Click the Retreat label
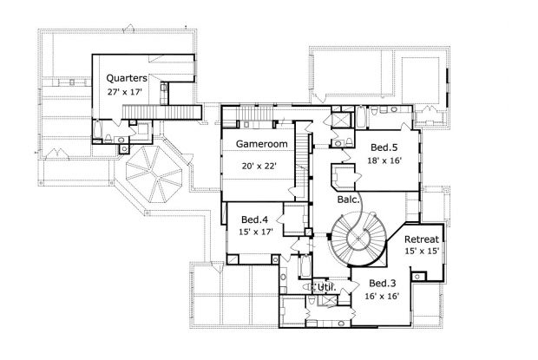pos(422,239)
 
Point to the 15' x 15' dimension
pos(422,252)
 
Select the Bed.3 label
pos(382,284)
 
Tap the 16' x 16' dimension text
pos(382,297)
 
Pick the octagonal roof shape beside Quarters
pos(154,173)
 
